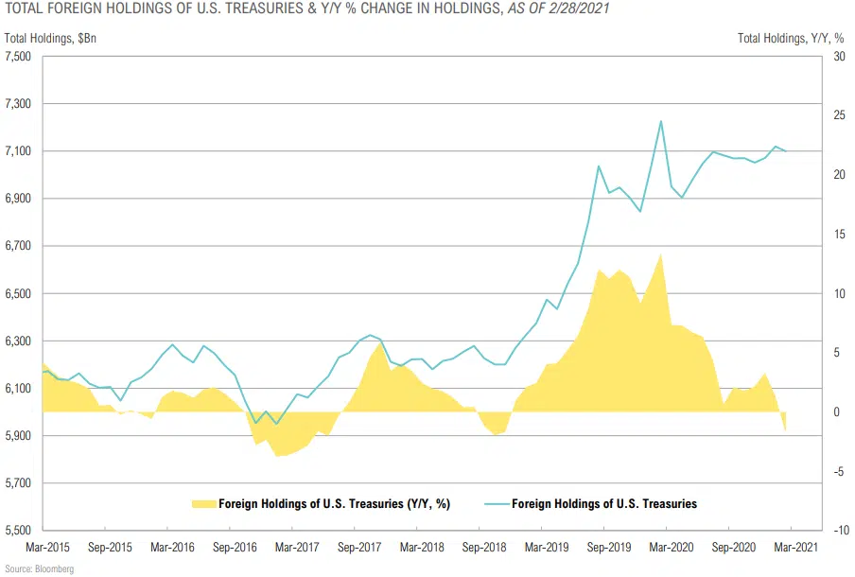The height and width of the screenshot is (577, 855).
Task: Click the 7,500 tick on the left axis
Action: point(19,57)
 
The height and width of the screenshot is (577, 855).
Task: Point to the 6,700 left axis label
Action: point(19,246)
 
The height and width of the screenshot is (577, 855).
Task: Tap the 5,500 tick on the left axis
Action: point(19,531)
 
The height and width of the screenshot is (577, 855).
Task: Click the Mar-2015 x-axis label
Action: point(46,548)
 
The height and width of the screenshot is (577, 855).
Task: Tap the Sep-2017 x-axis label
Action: point(358,548)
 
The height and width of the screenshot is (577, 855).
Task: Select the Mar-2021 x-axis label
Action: point(791,548)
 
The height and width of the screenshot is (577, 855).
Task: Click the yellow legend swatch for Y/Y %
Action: point(202,504)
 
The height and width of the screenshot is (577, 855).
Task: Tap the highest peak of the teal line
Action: point(660,121)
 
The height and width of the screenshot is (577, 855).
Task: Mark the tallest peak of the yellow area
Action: point(660,254)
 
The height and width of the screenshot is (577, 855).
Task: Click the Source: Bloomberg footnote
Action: point(38,568)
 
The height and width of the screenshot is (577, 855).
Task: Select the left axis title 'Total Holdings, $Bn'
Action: point(47,38)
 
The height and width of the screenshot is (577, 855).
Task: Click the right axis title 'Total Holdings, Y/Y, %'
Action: point(791,38)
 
